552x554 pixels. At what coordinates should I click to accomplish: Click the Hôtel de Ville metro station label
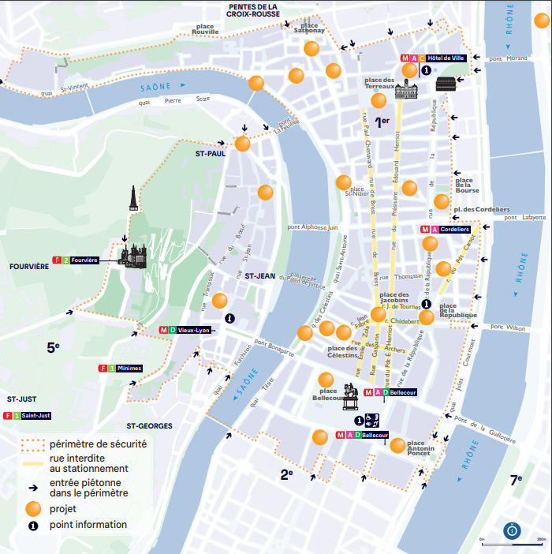(x=447, y=58)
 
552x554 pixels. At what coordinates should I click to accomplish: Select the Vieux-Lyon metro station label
(x=193, y=330)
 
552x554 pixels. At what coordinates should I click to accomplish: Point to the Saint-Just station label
(x=36, y=416)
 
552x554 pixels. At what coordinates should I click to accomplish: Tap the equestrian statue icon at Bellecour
(x=350, y=397)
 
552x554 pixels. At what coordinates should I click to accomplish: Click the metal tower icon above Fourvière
(x=134, y=200)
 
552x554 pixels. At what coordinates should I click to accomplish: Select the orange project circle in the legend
(x=32, y=508)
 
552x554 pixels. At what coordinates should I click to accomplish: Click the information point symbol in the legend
(x=32, y=525)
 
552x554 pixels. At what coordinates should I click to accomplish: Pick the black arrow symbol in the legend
(x=32, y=488)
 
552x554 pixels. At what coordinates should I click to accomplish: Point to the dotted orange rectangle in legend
(x=32, y=445)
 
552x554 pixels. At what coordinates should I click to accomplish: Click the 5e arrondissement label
(x=53, y=346)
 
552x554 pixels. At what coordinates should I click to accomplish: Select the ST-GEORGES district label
(x=149, y=426)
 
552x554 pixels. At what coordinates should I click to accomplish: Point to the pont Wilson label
(x=504, y=327)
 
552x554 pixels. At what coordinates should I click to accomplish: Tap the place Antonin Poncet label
(x=421, y=447)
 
